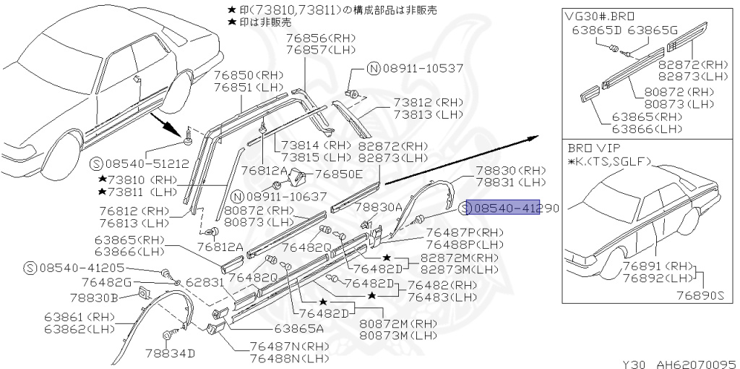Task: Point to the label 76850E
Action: coord(339,174)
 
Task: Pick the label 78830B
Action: coord(94,296)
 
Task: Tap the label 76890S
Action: coord(700,294)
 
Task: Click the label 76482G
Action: coord(106,281)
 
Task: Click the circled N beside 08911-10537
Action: coord(373,69)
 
